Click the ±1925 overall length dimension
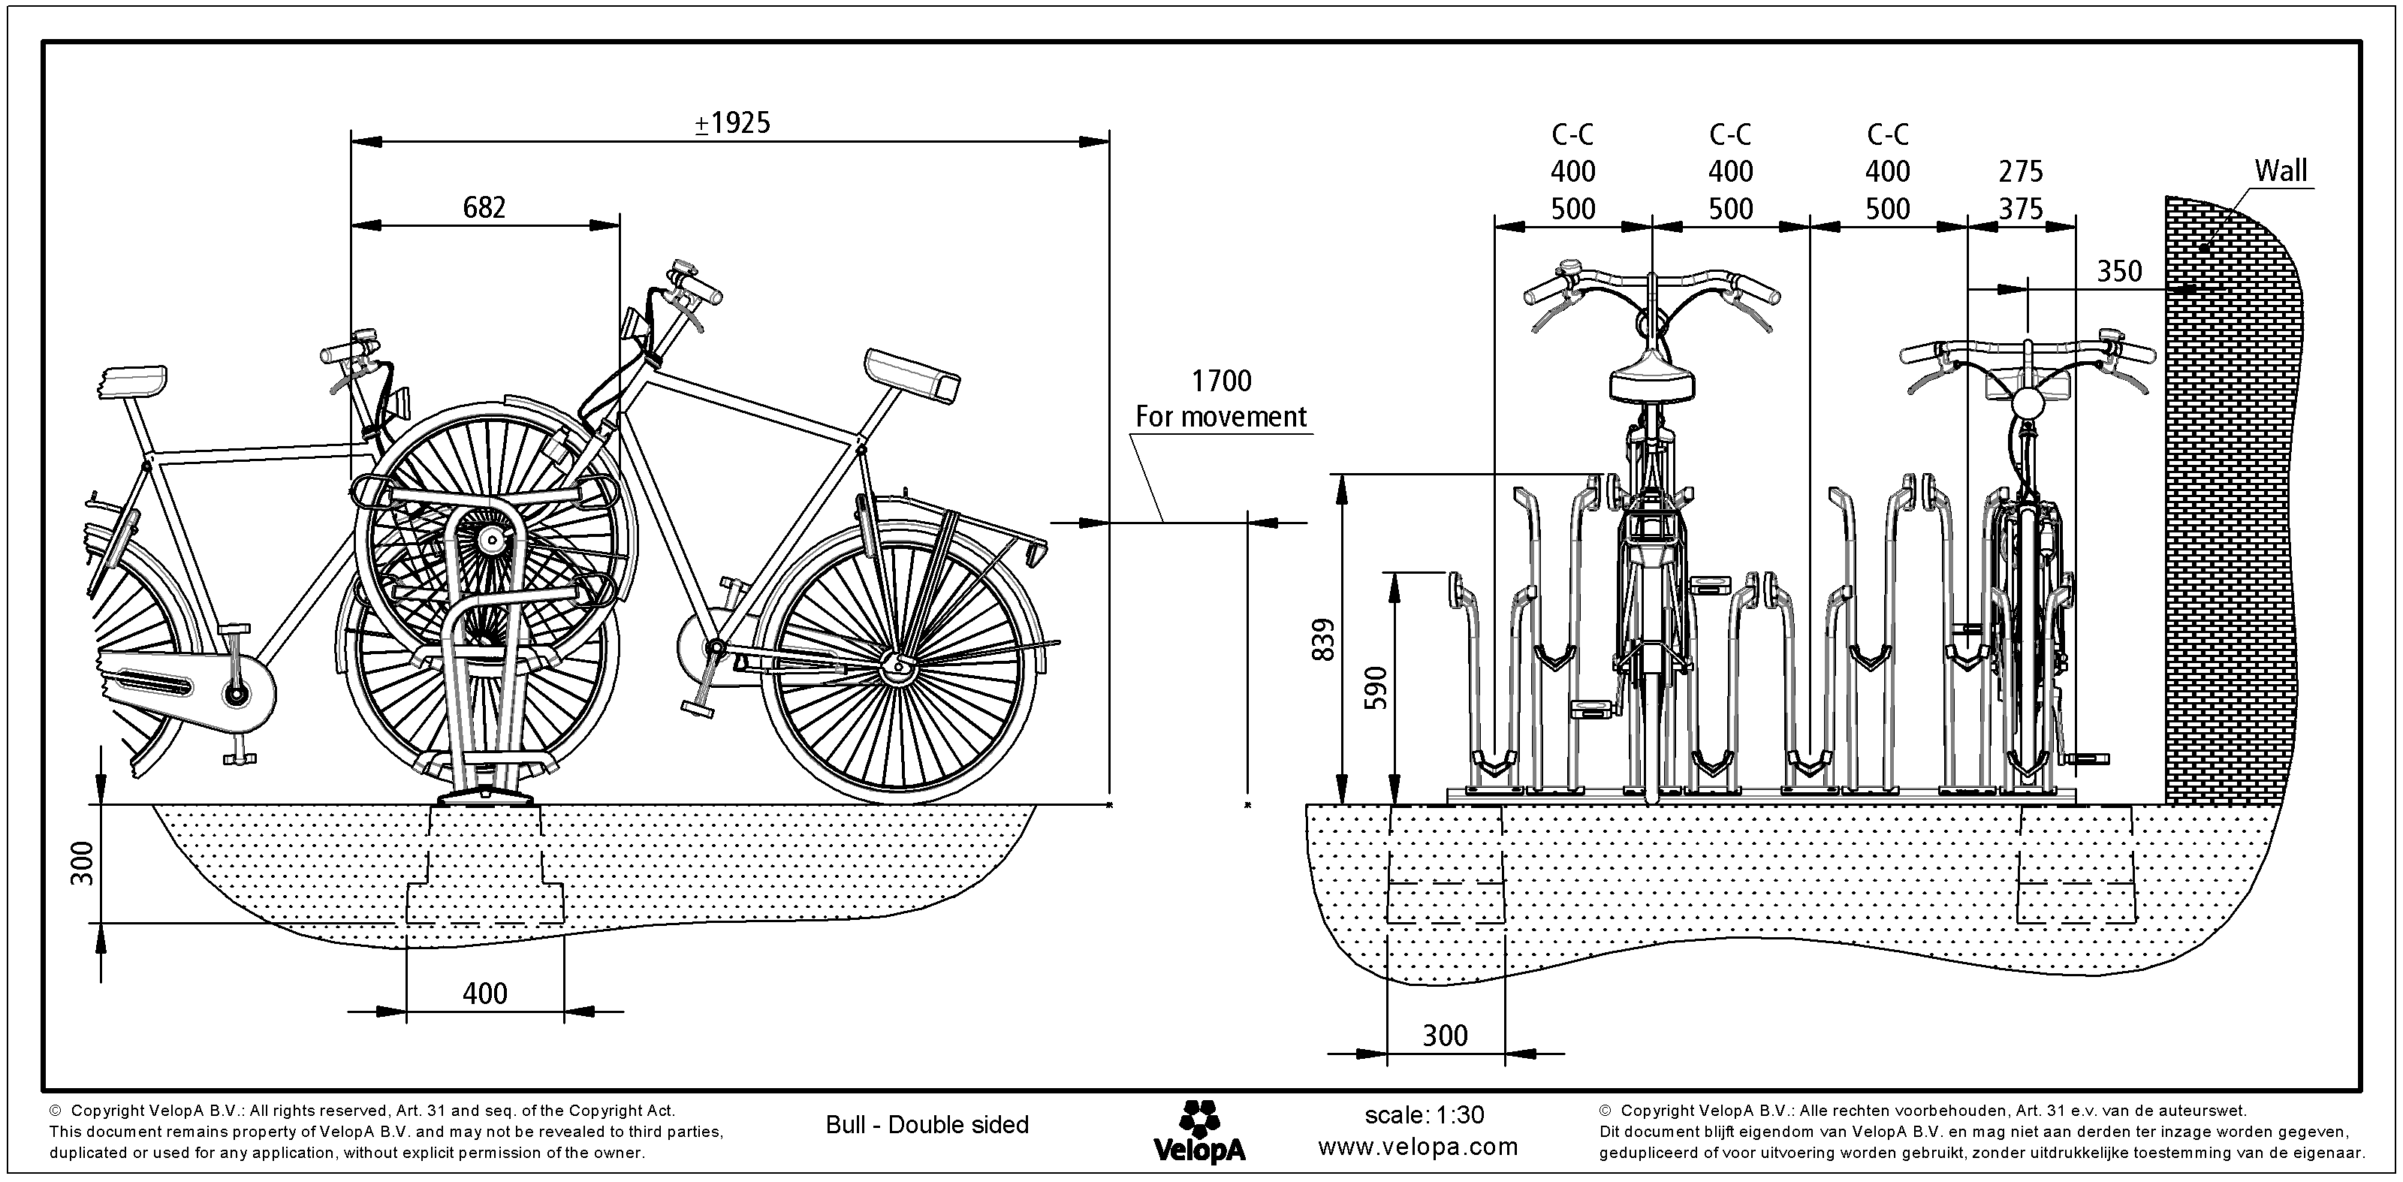tap(733, 123)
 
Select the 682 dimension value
tap(484, 207)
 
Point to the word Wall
tap(2280, 170)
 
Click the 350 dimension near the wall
tap(2119, 272)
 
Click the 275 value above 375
tap(2021, 172)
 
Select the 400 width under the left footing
tap(485, 993)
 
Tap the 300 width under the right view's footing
tap(1445, 1036)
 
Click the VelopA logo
tap(1198, 1132)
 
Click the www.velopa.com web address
tap(1418, 1147)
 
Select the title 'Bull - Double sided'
tap(927, 1125)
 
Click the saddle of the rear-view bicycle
tap(1652, 381)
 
